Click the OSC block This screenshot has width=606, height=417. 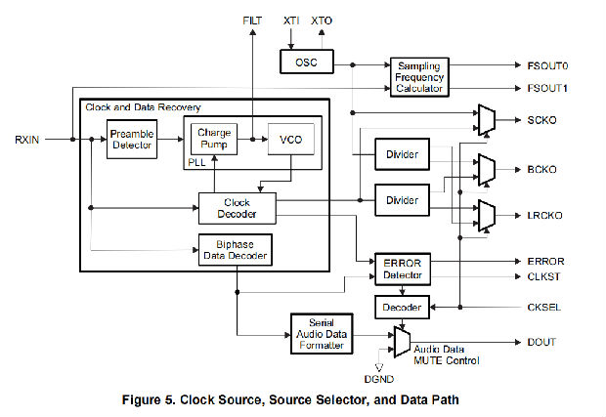coord(306,62)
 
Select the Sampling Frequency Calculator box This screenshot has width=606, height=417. coord(418,75)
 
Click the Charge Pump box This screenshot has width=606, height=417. coord(212,138)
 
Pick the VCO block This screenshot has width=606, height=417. coord(290,140)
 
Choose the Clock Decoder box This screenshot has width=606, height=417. coord(237,208)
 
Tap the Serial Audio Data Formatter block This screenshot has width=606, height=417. coord(322,333)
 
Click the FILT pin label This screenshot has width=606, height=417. coord(252,20)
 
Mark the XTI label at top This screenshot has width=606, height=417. coord(291,20)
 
